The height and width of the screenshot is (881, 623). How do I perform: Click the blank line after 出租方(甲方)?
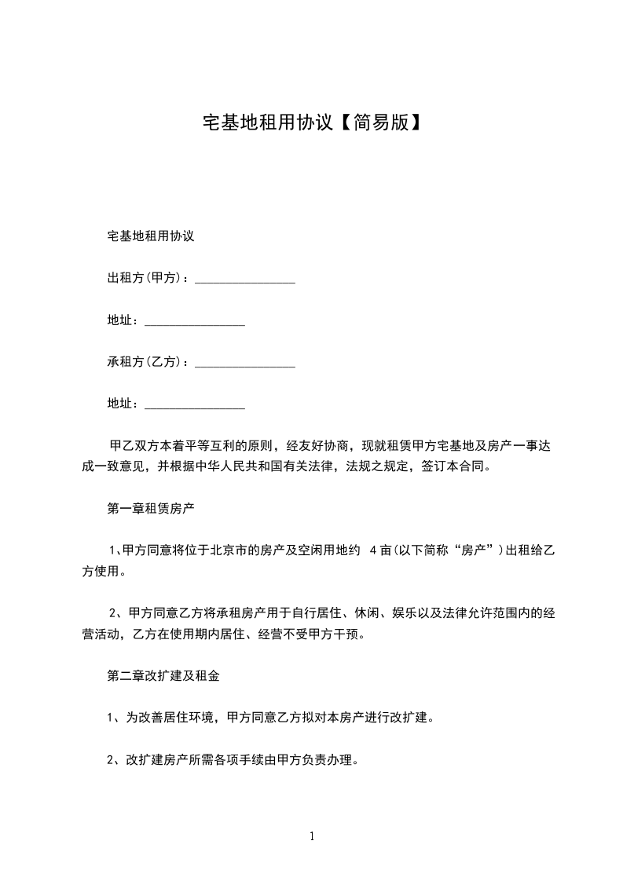[244, 280]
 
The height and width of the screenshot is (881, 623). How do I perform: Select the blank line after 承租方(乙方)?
[244, 365]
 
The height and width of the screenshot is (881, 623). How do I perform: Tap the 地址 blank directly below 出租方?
[195, 323]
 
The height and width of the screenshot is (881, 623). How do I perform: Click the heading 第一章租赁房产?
[151, 508]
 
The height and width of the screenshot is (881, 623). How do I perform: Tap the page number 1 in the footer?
[312, 836]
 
